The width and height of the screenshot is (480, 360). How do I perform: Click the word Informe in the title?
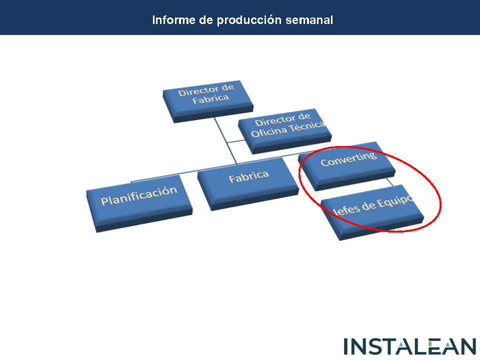[x=173, y=20]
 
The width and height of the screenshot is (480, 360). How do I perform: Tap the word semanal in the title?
[x=309, y=20]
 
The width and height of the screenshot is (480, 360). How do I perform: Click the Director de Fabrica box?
[x=208, y=101]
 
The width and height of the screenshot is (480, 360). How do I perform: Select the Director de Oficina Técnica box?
[x=284, y=131]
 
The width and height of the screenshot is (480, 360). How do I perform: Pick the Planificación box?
[x=139, y=203]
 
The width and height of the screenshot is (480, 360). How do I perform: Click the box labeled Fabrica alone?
[x=248, y=183]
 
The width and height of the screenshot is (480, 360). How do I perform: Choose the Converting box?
[x=346, y=166]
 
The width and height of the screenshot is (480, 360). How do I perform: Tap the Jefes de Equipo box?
[x=372, y=212]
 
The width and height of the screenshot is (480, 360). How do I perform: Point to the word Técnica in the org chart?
[x=307, y=126]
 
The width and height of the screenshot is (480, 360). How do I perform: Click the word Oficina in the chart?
[x=269, y=131]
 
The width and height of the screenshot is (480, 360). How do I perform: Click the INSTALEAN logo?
[x=410, y=346]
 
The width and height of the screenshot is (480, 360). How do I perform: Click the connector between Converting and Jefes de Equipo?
[x=390, y=181]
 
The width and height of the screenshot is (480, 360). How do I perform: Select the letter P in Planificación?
[x=104, y=201]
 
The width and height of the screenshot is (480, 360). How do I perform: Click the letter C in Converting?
[x=324, y=162]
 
